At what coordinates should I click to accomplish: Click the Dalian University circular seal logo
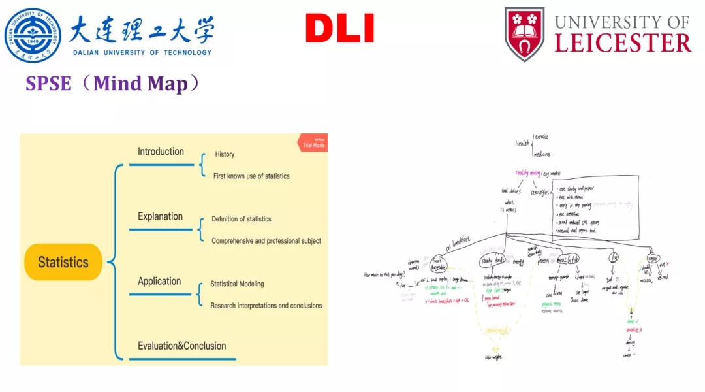(x=33, y=34)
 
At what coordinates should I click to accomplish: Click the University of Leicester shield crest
(x=524, y=34)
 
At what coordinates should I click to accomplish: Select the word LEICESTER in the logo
(x=623, y=43)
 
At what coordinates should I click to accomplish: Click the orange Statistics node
(x=63, y=262)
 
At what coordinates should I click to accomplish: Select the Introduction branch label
(x=161, y=152)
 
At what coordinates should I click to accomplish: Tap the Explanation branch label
(x=160, y=216)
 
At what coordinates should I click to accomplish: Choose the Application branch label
(x=159, y=281)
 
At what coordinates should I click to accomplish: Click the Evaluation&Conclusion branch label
(x=181, y=346)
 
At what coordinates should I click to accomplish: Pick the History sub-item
(x=225, y=154)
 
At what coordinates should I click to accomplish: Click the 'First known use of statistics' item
(x=251, y=176)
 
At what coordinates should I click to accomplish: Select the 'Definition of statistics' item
(x=241, y=219)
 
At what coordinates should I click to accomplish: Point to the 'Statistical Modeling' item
(x=237, y=284)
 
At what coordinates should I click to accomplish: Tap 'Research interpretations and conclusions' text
(x=266, y=305)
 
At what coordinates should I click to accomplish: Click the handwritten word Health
(x=522, y=144)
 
